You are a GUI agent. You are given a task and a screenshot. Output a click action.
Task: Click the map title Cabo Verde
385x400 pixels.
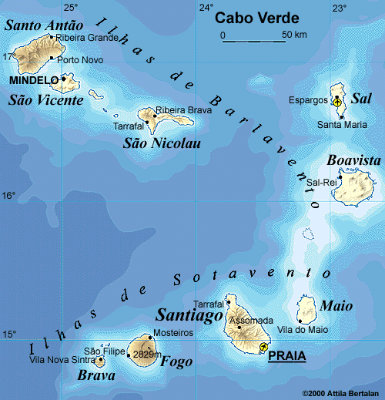[256, 18]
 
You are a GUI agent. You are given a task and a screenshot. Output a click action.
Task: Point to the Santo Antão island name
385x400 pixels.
[44, 25]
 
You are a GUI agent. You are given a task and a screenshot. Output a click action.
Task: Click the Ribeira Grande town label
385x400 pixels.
[88, 37]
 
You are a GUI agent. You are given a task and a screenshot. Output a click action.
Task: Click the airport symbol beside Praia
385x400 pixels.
[265, 346]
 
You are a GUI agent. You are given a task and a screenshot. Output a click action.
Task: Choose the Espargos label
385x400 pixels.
[308, 100]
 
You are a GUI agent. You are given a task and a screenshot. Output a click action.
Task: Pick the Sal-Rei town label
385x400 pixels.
[322, 182]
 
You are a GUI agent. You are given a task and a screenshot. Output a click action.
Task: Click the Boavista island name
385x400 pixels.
[353, 160]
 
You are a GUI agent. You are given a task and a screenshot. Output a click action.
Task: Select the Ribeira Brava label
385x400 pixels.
[183, 110]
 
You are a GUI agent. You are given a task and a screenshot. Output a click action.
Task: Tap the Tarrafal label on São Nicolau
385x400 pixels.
[128, 125]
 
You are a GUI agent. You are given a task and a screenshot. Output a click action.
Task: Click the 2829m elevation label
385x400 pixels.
[146, 355]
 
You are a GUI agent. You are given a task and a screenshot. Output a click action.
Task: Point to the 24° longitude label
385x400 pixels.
[206, 8]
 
